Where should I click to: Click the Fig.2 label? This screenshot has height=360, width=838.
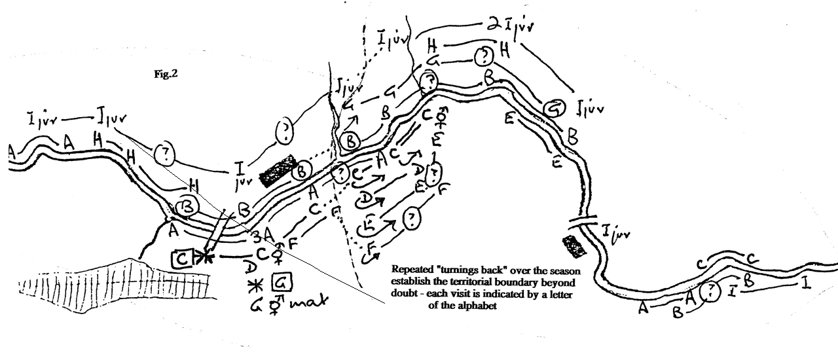click(166, 74)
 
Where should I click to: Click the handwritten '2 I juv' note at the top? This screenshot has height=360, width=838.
click(511, 25)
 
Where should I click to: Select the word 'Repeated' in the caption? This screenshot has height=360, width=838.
click(412, 269)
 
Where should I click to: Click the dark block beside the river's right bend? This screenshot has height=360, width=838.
click(574, 247)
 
